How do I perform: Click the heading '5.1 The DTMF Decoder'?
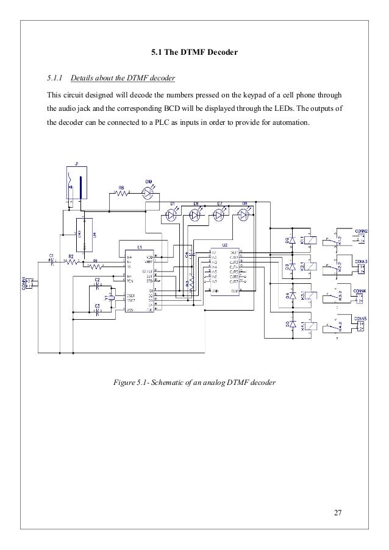[194, 54]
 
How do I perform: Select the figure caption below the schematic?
[194, 383]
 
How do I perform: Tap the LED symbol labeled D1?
[171, 214]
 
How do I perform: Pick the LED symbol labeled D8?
[244, 214]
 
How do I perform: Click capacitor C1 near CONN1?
[51, 263]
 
